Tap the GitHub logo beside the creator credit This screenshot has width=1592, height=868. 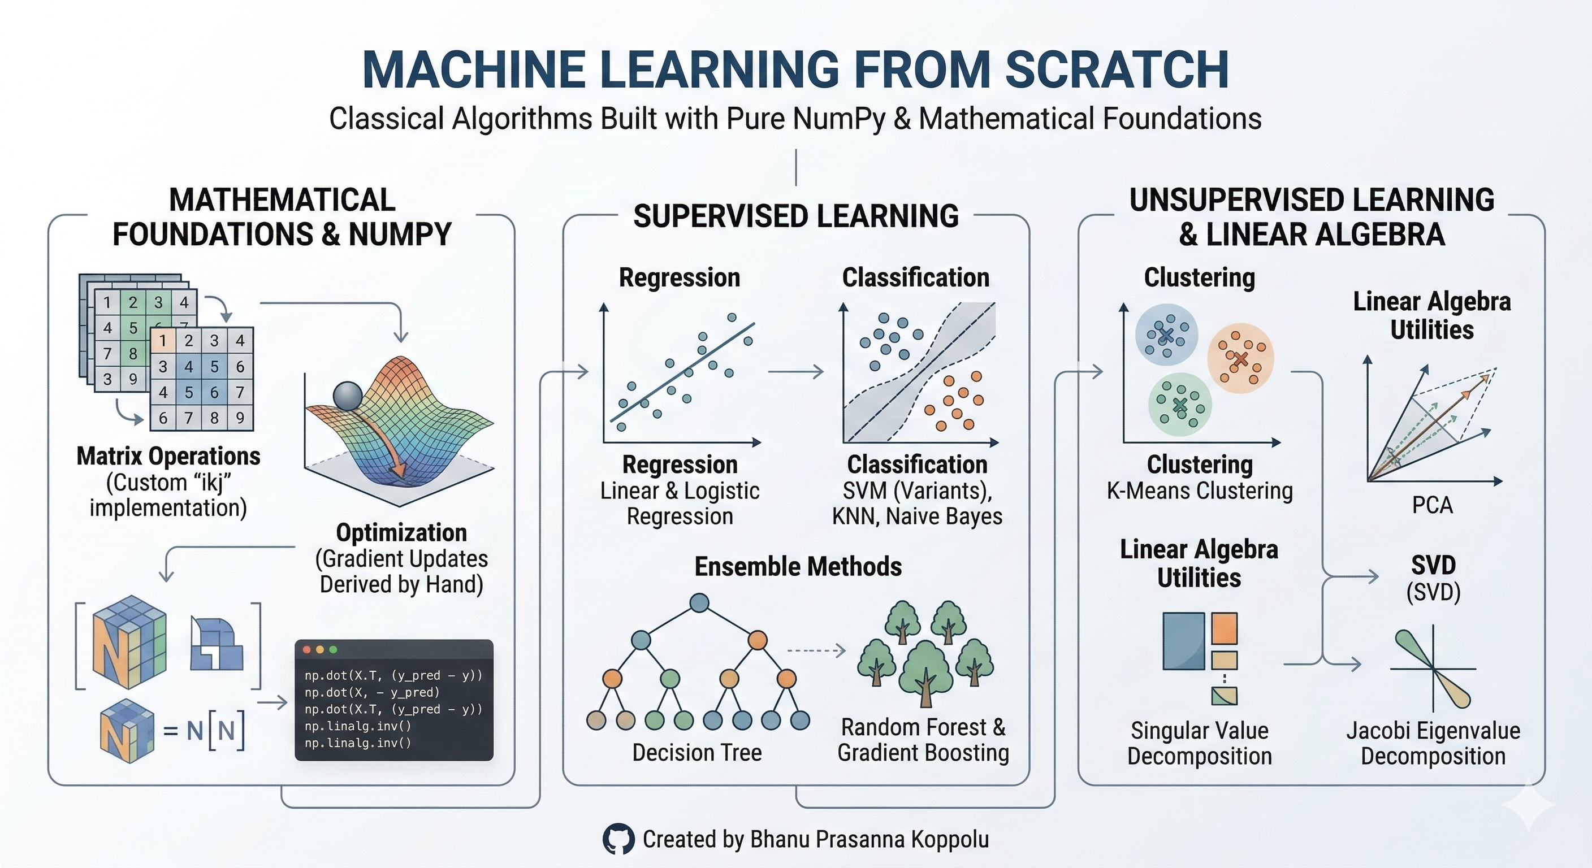click(618, 839)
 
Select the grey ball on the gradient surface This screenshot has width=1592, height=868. click(348, 397)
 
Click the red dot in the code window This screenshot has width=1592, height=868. click(306, 650)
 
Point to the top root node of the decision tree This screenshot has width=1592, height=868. click(699, 602)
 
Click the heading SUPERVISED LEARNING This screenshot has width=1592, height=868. click(796, 216)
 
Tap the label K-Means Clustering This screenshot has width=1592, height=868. click(1200, 491)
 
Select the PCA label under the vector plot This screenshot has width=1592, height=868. click(1432, 505)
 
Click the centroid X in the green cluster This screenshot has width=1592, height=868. click(1180, 405)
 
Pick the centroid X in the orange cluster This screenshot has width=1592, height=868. click(1240, 359)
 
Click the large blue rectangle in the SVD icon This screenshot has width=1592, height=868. click(1183, 641)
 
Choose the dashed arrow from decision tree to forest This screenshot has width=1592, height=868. click(816, 650)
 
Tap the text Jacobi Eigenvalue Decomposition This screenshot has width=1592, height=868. click(1433, 743)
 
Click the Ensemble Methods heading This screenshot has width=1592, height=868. click(798, 566)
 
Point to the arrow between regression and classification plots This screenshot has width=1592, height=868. click(796, 372)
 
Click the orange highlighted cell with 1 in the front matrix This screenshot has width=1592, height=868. click(163, 340)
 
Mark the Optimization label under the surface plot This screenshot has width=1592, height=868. click(401, 532)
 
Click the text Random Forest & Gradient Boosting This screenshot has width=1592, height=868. click(923, 740)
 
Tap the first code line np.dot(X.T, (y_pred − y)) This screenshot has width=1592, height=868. click(393, 675)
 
